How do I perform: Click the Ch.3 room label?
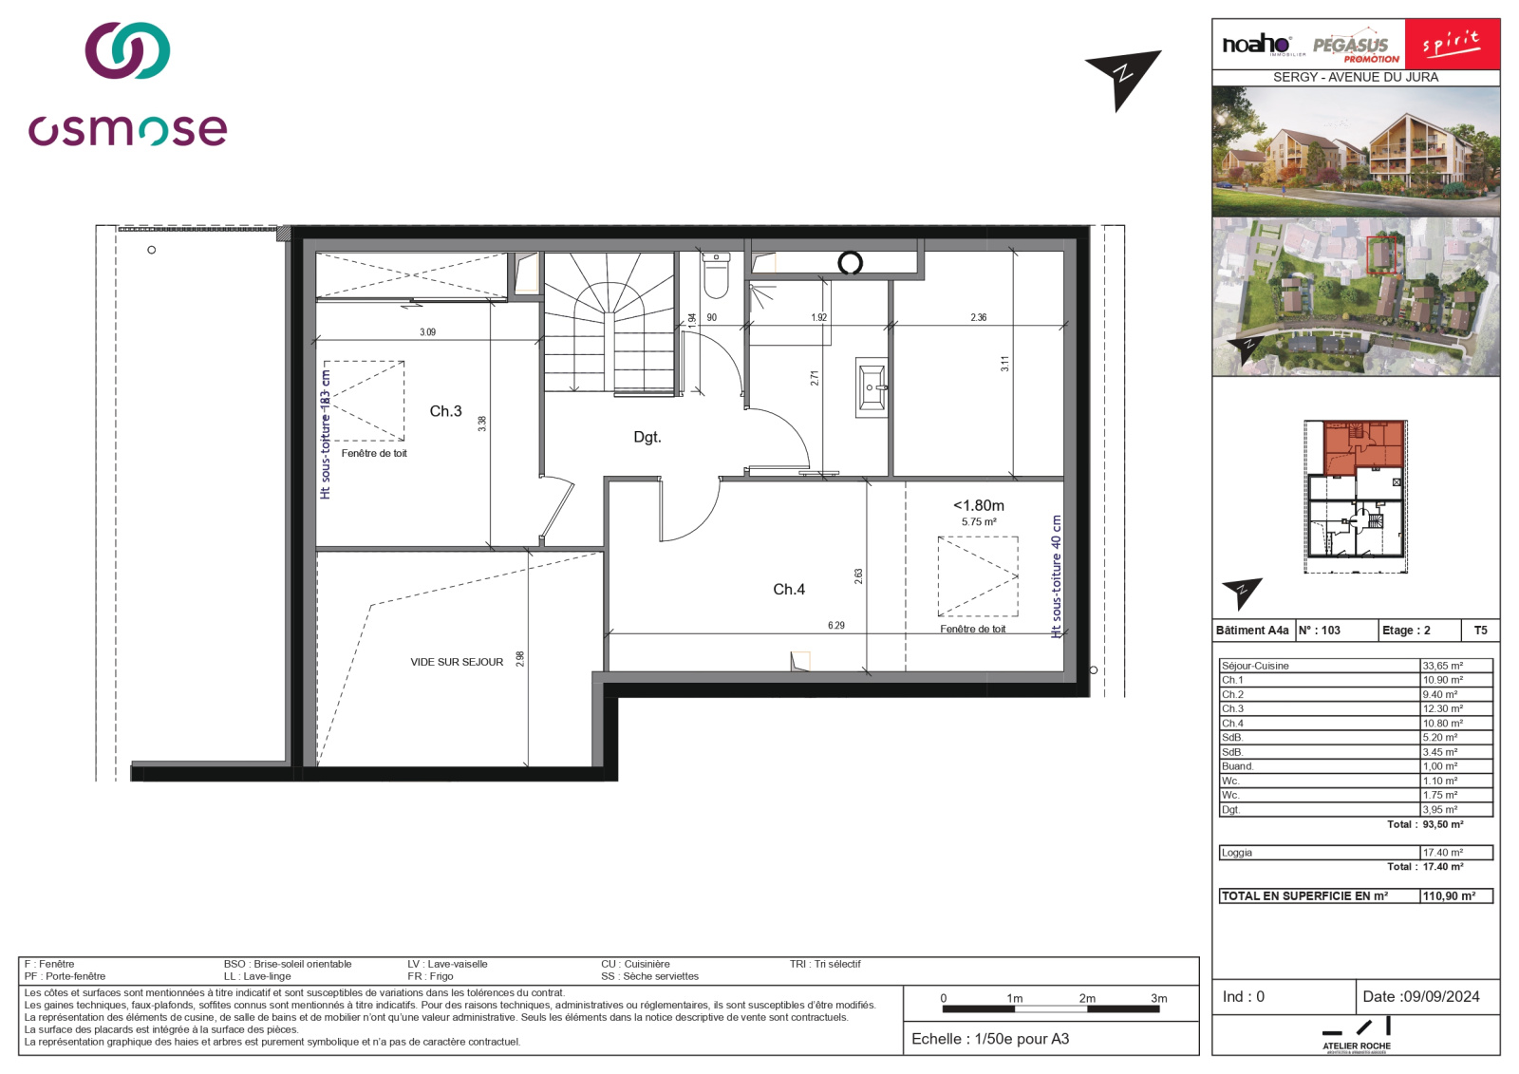445,411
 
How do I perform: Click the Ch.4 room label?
788,590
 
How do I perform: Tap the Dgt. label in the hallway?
647,438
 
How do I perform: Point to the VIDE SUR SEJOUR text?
457,662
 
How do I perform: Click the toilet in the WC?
716,275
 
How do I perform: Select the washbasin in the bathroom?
872,387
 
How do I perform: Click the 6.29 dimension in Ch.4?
835,626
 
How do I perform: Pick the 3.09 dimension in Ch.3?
427,332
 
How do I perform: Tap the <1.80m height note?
978,506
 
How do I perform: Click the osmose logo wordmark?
127,129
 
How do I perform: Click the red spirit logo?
1452,44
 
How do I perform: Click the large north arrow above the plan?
1124,76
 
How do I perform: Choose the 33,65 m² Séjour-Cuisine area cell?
1455,666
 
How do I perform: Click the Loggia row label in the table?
1237,853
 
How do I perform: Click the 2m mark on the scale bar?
1087,999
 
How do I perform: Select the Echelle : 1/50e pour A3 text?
989,1039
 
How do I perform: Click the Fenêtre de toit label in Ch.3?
374,454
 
